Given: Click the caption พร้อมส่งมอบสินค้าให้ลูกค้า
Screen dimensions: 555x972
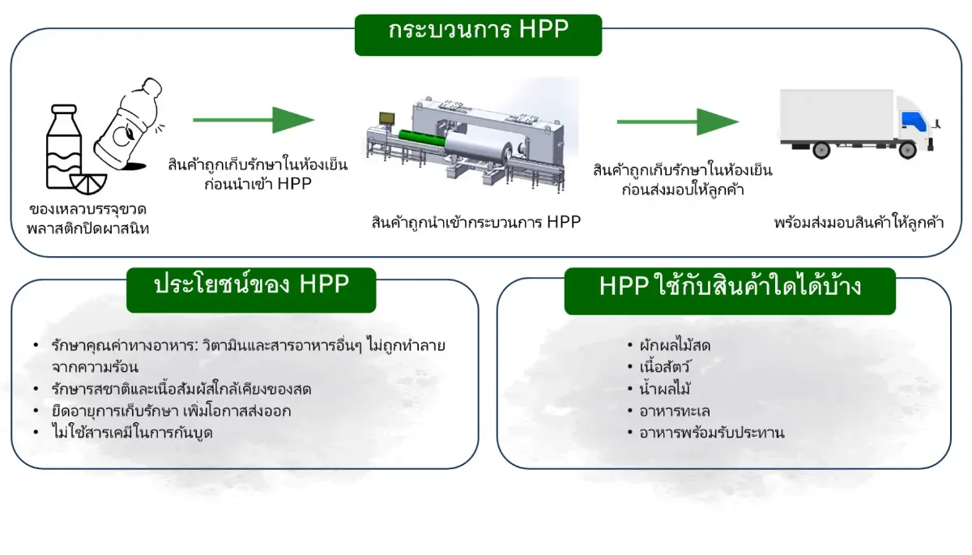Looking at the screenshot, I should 859,222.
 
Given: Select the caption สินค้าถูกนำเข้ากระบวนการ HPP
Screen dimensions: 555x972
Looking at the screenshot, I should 476,222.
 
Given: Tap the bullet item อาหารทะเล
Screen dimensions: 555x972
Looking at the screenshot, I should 674,411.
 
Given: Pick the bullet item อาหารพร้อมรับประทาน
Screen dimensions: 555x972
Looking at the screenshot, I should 711,433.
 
